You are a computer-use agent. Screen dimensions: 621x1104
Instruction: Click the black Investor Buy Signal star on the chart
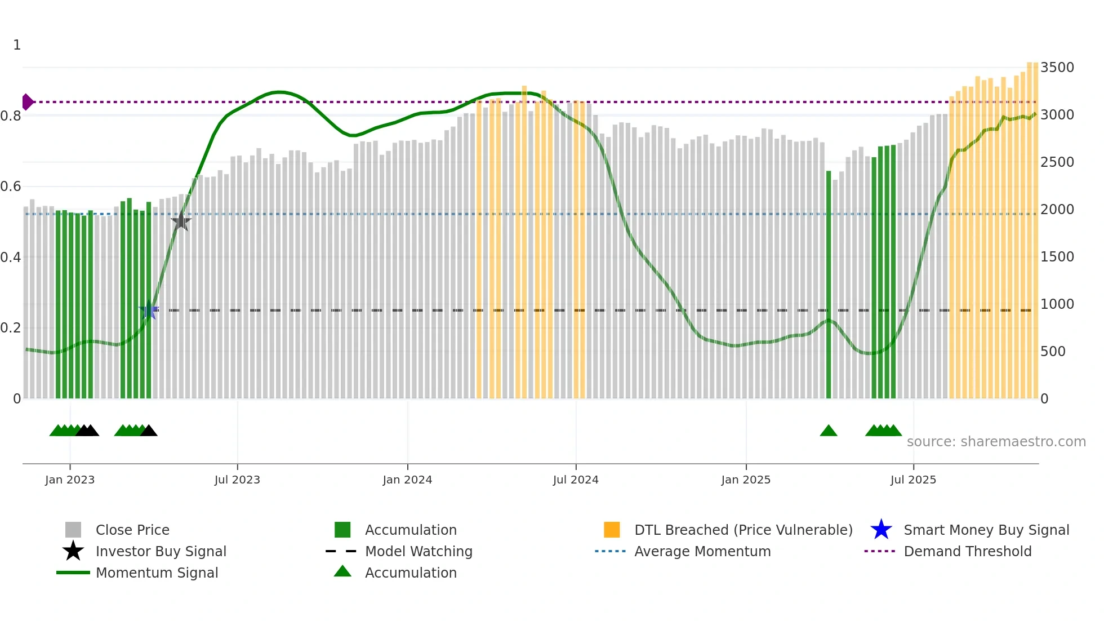(181, 221)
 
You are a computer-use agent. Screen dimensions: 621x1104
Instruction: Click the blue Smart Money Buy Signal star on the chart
(149, 309)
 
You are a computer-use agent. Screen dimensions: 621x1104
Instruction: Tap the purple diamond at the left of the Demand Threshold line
(27, 102)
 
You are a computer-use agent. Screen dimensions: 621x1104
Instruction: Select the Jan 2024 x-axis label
(407, 480)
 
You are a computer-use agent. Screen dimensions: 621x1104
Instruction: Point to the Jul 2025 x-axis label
(913, 480)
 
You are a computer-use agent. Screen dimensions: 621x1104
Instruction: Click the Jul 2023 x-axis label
(237, 480)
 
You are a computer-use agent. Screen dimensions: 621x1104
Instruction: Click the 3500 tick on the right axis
(1057, 68)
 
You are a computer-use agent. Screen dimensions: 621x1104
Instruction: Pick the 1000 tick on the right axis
(1057, 304)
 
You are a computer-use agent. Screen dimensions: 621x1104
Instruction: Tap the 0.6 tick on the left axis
(11, 187)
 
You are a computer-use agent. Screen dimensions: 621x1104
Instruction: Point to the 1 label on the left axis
(17, 45)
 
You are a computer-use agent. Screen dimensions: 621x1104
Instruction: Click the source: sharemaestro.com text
(996, 442)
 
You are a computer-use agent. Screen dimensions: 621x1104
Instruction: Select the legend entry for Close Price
(132, 530)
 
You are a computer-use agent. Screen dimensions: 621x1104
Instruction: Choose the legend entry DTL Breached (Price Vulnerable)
(743, 530)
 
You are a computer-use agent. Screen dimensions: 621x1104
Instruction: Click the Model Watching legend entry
(419, 551)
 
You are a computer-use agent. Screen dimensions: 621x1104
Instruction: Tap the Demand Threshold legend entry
(967, 551)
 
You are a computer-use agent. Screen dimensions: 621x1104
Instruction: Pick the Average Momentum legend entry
(702, 551)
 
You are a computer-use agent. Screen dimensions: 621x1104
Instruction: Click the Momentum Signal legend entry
(157, 573)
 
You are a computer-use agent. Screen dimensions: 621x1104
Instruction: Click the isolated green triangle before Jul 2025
(829, 431)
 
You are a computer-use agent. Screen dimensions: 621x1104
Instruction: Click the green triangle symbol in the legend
(342, 571)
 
